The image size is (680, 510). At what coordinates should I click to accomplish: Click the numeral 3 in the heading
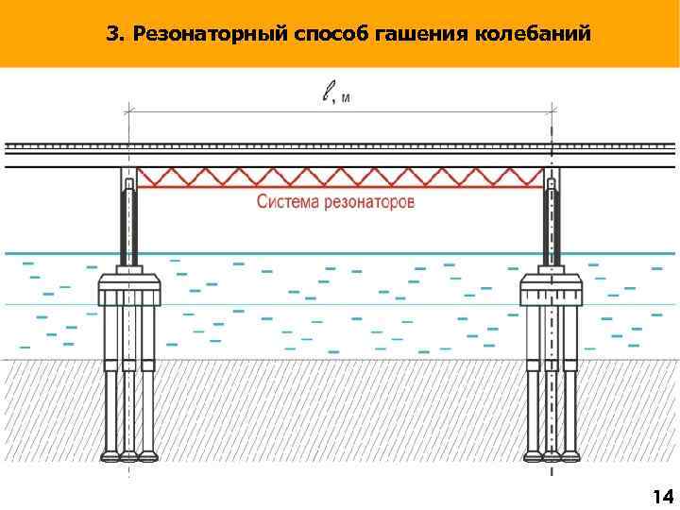[x=112, y=35]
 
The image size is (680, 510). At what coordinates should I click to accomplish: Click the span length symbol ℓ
[x=327, y=92]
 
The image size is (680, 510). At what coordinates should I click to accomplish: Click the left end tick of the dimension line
[x=129, y=110]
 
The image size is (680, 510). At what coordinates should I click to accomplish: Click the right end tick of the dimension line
[x=552, y=110]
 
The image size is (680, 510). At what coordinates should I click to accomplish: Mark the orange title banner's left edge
[x=3, y=34]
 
